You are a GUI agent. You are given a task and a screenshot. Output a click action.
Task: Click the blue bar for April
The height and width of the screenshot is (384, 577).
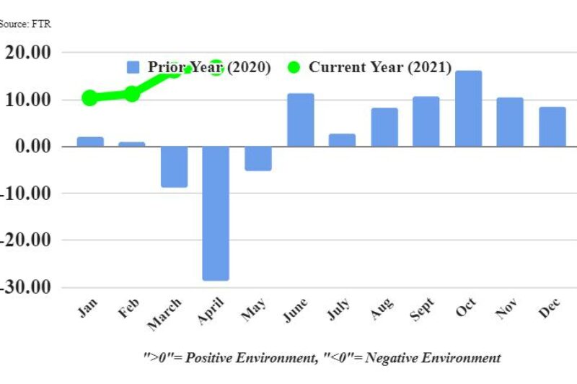point(216,213)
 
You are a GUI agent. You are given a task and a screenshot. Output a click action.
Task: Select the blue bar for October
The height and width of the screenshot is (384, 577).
point(468,108)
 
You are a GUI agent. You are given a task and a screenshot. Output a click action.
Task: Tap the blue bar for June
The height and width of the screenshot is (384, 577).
point(301,120)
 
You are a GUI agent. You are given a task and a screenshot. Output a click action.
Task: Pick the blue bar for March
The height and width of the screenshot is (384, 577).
point(174,167)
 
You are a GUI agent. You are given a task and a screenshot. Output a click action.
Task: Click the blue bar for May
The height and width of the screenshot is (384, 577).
point(258,158)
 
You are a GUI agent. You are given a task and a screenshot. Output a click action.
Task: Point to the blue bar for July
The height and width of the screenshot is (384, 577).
point(342,140)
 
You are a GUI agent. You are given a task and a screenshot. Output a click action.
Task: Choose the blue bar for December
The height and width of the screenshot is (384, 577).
point(552,126)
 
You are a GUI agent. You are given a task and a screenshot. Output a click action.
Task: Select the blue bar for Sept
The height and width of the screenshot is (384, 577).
point(426,121)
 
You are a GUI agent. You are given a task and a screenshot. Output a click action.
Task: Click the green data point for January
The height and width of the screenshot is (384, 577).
point(89,98)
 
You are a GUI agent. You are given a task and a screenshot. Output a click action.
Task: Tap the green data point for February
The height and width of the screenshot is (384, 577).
point(132,94)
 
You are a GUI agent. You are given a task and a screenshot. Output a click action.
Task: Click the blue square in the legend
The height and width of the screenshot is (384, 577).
point(133,67)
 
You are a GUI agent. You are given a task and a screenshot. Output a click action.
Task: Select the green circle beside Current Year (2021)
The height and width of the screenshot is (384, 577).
point(294,67)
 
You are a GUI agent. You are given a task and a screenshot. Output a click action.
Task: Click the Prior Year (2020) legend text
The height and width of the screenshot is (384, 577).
point(209,67)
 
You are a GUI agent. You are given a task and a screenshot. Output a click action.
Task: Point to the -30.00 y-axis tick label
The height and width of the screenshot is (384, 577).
point(27,287)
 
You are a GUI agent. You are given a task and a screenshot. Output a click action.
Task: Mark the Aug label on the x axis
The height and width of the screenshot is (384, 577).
point(382,310)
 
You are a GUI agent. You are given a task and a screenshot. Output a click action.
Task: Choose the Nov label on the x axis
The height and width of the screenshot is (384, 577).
point(508,310)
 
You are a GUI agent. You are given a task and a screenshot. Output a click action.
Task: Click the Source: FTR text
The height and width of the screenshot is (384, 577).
point(25,24)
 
